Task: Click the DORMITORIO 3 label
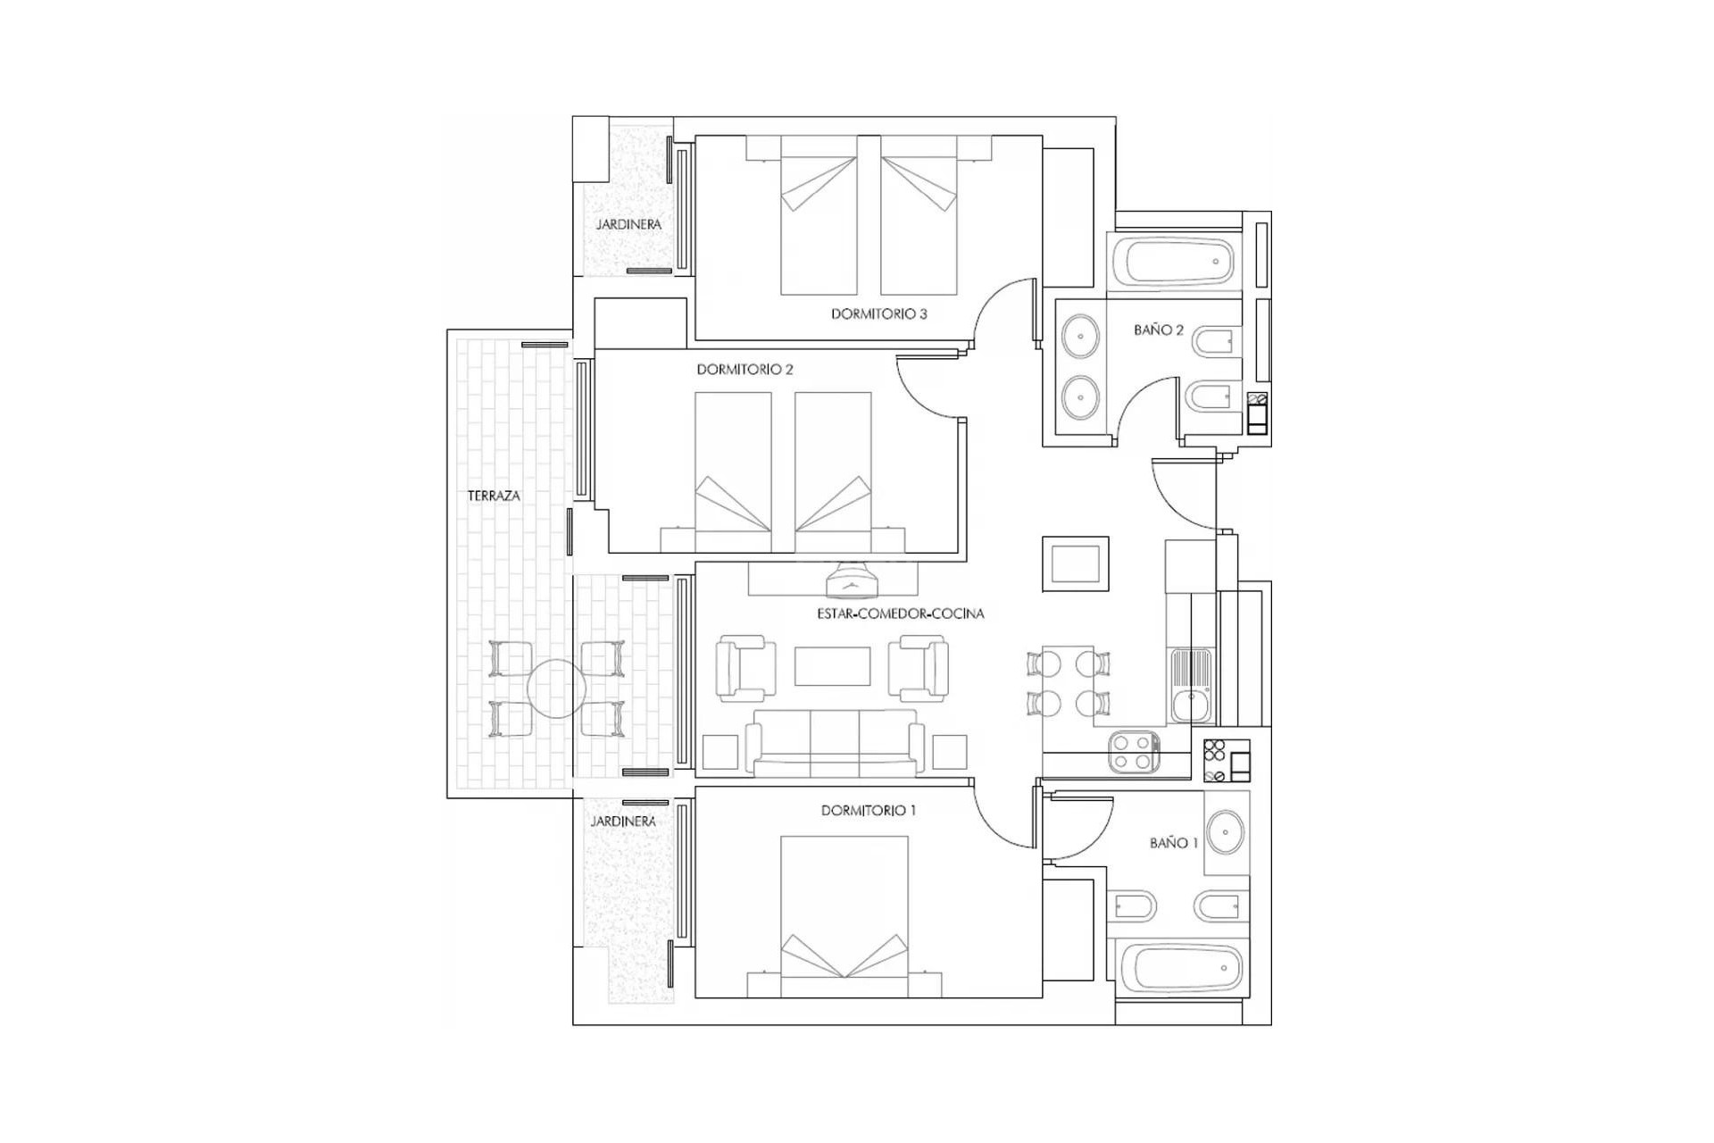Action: (x=878, y=314)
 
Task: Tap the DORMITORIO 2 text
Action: (x=745, y=370)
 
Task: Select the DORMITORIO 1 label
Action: (x=868, y=811)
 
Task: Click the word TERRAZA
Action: (x=494, y=496)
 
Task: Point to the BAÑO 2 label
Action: (x=1158, y=330)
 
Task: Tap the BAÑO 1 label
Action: (x=1173, y=843)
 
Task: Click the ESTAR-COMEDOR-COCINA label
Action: (x=900, y=614)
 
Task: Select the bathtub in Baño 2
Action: (x=1178, y=262)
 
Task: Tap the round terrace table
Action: (x=556, y=688)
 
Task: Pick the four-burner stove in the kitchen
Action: (x=1134, y=752)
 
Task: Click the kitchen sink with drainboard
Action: (x=1190, y=685)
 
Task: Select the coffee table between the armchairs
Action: (x=832, y=666)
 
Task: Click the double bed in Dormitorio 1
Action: (x=844, y=911)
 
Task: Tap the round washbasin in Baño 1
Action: (x=1226, y=832)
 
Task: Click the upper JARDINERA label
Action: (x=628, y=225)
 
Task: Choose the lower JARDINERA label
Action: (x=623, y=822)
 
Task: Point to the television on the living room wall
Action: (x=852, y=583)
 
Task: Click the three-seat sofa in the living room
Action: (x=835, y=743)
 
